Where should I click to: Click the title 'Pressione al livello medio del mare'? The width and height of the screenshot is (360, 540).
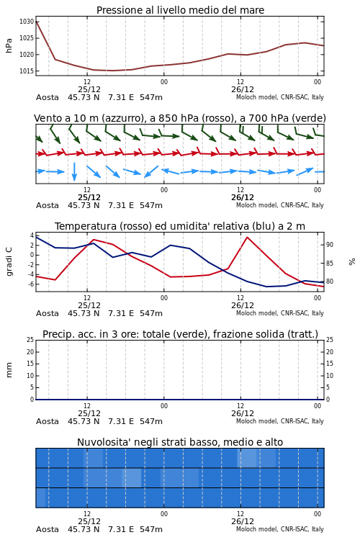180,10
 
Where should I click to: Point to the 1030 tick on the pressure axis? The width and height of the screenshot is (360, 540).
27,22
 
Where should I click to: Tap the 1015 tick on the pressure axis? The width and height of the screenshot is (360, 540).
27,71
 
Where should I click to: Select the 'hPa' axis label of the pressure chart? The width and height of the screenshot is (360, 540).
9,45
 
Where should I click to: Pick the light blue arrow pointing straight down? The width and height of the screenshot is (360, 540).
74,171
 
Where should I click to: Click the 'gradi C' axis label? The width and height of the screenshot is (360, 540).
9,262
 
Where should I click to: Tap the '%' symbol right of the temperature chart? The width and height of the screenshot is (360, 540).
352,262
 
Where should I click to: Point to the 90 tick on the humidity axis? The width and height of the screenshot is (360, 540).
330,245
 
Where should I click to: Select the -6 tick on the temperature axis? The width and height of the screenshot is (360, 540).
31,284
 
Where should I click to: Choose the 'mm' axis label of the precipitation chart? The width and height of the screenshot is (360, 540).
9,370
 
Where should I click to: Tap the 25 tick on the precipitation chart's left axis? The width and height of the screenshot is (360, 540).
30,340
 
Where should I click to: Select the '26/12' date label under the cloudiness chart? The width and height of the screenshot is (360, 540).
243,521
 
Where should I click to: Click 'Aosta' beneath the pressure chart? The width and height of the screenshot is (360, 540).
48,97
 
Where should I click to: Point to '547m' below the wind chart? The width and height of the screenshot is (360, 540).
151,205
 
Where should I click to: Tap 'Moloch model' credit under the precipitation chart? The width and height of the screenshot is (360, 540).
256,421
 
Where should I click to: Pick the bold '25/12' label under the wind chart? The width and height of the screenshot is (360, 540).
89,197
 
